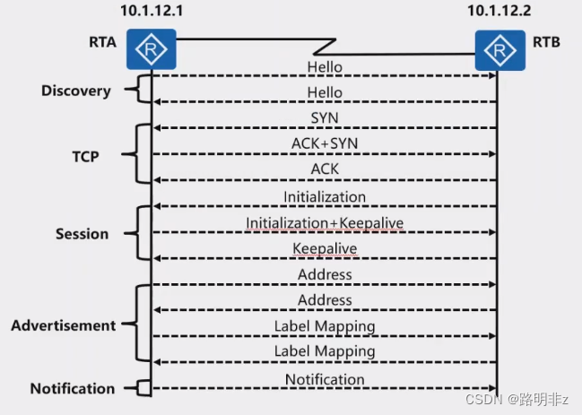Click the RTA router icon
tap(150, 50)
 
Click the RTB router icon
tap(499, 50)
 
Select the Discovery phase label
tap(76, 91)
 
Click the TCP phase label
tap(85, 156)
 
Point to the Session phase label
tap(82, 234)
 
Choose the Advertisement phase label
tap(63, 325)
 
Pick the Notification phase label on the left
tap(72, 388)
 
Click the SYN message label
tap(324, 118)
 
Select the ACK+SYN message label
tap(324, 143)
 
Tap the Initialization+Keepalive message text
tap(324, 222)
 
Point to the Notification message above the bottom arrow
tap(324, 379)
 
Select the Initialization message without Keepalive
tap(324, 196)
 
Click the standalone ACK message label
tap(324, 169)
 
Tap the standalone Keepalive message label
tap(324, 248)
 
